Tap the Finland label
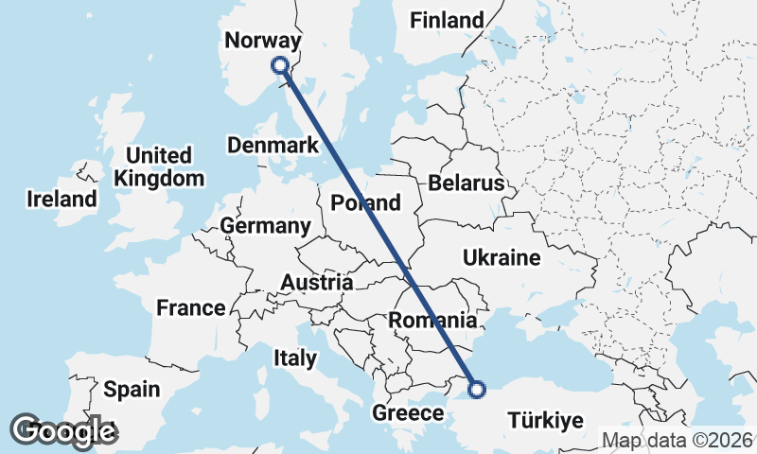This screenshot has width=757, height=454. (446, 20)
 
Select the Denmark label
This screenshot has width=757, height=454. (273, 146)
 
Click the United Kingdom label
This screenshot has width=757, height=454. (158, 166)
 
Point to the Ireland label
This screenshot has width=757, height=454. (62, 199)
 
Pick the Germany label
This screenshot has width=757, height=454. (265, 226)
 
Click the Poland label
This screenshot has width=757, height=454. (365, 202)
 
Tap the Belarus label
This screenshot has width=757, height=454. (466, 183)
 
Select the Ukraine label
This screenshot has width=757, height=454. (501, 257)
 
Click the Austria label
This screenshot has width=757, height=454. (316, 282)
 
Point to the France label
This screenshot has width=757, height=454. (191, 307)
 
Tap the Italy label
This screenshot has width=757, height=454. (294, 358)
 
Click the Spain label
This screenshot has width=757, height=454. (132, 389)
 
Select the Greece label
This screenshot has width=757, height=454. (408, 413)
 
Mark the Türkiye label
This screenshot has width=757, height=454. (548, 420)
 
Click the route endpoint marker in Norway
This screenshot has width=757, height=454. (279, 65)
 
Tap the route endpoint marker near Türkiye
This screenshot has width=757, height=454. (477, 388)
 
